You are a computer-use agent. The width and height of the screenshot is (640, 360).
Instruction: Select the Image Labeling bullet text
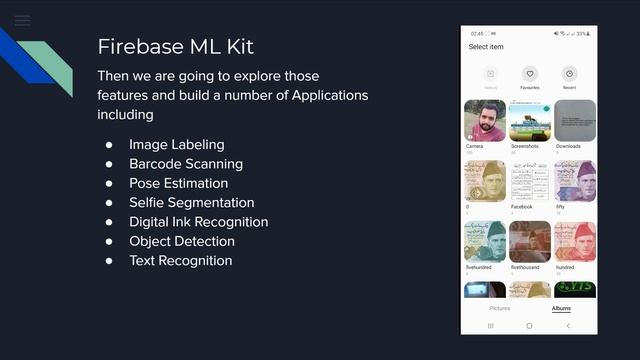(176, 145)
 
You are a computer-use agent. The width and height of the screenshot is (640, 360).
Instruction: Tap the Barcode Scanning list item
(185, 164)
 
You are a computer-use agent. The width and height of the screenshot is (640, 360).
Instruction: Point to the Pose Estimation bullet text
(178, 183)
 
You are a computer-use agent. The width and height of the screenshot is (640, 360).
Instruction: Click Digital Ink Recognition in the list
(198, 222)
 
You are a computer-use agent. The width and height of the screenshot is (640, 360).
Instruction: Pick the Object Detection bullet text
(181, 241)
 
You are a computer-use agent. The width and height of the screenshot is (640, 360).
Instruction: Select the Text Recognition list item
(180, 260)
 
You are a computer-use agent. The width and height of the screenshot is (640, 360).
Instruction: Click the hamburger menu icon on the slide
(22, 20)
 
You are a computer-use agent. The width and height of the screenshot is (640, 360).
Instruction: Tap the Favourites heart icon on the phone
(530, 74)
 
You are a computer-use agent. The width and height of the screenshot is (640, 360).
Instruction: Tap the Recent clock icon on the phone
(568, 74)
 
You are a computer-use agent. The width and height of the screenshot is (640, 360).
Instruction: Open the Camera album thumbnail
(484, 120)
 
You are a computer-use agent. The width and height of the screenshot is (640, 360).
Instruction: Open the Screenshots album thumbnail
(530, 120)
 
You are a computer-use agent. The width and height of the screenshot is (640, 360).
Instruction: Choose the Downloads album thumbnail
(575, 120)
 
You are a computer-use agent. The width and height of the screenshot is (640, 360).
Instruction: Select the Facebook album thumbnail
(530, 181)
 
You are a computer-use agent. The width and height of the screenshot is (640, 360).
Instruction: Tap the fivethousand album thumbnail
(530, 242)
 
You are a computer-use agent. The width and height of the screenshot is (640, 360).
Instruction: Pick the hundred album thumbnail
(575, 242)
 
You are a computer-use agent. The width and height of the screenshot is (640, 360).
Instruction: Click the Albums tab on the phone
(561, 308)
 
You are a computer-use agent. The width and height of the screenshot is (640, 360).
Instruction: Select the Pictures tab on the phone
(499, 308)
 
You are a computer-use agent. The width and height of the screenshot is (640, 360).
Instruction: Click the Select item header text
(486, 47)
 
